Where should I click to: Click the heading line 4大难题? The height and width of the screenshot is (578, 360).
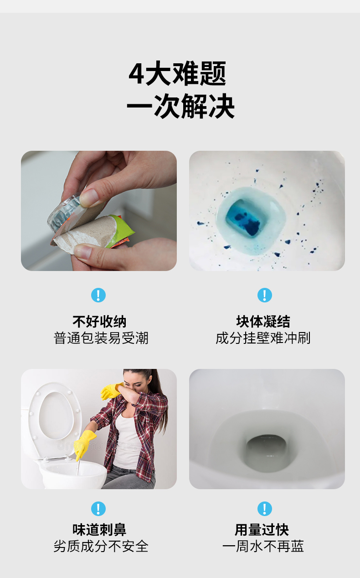coord(177,73)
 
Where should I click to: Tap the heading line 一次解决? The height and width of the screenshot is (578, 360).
coord(180,106)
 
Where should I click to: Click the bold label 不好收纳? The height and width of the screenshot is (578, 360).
coord(99,322)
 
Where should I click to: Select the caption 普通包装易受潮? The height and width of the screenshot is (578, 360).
coord(101,338)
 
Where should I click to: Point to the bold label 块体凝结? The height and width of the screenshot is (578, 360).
coord(263,322)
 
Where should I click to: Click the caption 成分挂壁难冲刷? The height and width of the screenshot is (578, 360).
coord(263,338)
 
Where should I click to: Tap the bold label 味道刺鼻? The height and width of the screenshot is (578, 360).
coord(99,530)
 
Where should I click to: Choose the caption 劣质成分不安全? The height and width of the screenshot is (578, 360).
coord(101,547)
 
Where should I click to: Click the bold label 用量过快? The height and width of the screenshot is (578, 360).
coord(262,530)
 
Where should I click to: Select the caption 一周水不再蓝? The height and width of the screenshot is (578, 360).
coord(263,547)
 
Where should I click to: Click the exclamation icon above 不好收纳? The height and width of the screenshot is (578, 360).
coord(98,295)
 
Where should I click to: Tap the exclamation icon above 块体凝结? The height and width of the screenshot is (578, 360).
coord(265,295)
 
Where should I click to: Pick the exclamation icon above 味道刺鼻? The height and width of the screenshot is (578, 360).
coord(98,509)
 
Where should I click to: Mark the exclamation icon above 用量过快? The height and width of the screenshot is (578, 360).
coord(265,509)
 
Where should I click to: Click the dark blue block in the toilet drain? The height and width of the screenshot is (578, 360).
coord(246,217)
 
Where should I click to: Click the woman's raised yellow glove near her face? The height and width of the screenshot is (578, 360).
coord(111,391)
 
